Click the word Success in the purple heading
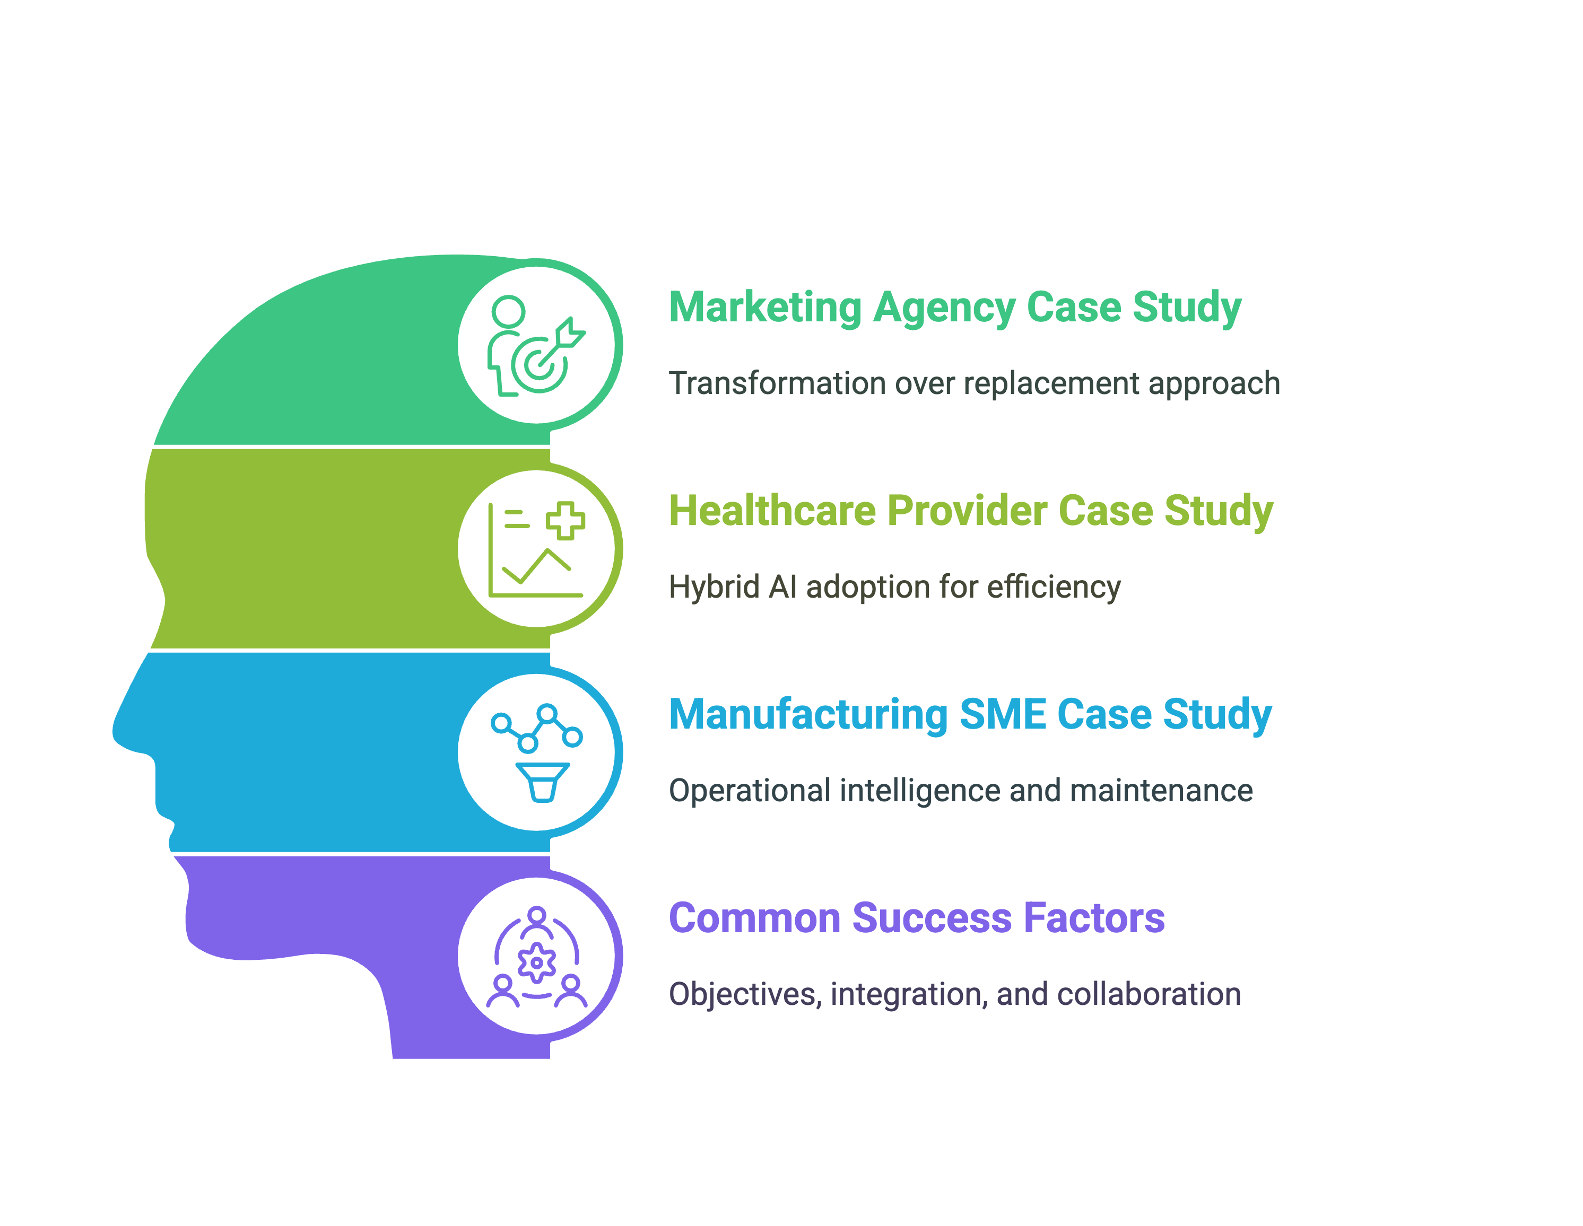pyautogui.click(x=932, y=918)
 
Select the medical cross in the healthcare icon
pyautogui.click(x=566, y=520)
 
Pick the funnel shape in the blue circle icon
pyautogui.click(x=542, y=782)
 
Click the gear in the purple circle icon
pyautogui.click(x=536, y=963)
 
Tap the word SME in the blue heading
pyautogui.click(x=1003, y=714)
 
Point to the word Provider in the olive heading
pyautogui.click(x=967, y=510)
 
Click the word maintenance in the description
pyautogui.click(x=1161, y=791)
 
